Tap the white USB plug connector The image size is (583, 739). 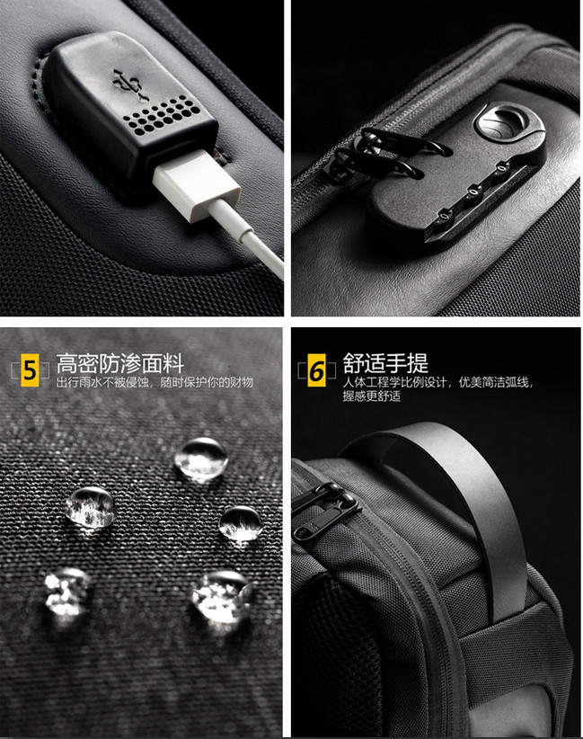point(197,185)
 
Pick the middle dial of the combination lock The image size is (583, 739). point(473,192)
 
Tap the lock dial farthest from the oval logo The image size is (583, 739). point(443,217)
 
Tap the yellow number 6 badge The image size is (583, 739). point(316,370)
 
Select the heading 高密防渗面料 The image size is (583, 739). point(119,364)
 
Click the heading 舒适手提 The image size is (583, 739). point(385,363)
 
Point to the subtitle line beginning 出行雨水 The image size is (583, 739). point(155,382)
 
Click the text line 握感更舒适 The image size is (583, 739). point(372,396)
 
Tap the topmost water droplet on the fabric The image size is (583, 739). point(201,459)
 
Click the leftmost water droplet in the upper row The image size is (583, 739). point(90,508)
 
